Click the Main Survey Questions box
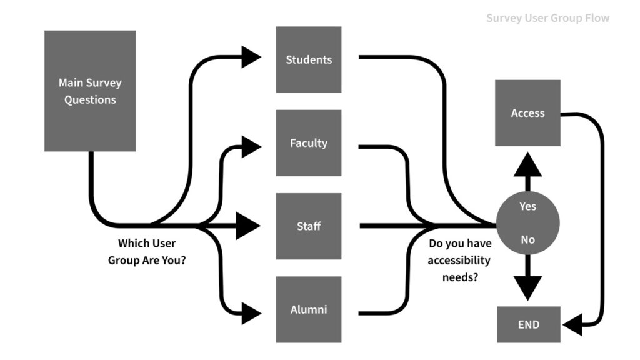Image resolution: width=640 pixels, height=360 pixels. click(90, 91)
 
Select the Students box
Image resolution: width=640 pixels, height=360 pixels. click(309, 59)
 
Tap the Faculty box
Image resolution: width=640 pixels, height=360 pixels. click(309, 143)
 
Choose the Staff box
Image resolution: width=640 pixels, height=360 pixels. click(309, 226)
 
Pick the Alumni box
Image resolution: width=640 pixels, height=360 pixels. click(309, 309)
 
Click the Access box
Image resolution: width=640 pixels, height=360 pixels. click(527, 113)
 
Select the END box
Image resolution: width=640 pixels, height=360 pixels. click(528, 325)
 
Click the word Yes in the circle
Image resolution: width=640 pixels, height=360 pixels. click(528, 206)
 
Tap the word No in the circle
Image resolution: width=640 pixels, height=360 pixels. click(528, 239)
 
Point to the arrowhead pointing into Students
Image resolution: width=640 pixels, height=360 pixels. click(251, 57)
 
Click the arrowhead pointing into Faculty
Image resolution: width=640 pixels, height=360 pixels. click(251, 147)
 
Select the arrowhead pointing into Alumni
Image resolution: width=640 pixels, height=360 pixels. click(251, 313)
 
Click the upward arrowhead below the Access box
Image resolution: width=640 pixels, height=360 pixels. click(528, 166)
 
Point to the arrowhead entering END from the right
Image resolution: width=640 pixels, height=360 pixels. click(572, 325)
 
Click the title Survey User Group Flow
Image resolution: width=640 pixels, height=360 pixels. click(547, 18)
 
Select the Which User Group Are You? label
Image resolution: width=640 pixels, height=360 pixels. click(147, 252)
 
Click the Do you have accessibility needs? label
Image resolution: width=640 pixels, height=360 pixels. click(460, 260)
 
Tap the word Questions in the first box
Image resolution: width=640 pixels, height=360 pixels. click(90, 99)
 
